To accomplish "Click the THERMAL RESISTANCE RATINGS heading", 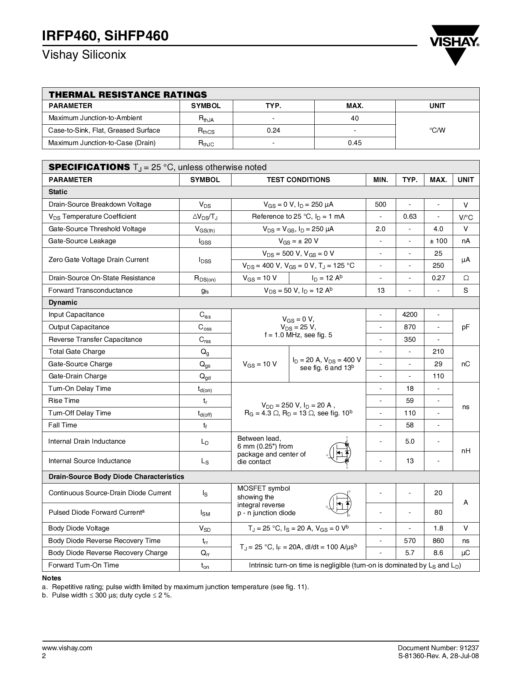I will tap(128, 94).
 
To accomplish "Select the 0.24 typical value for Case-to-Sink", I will tap(273, 130).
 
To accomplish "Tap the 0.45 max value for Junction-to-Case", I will tap(355, 143).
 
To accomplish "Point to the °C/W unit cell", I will tap(437, 130).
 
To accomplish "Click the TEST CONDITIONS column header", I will tap(298, 180).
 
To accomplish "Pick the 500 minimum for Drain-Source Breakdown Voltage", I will tap(380, 204).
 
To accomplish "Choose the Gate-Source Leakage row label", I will tap(82, 241).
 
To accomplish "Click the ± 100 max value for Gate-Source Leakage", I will tap(438, 241).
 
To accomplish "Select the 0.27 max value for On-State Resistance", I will tap(438, 278).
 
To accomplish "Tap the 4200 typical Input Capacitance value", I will tap(410, 315).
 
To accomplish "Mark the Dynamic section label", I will tap(63, 302).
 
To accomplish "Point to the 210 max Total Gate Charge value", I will tap(438, 351).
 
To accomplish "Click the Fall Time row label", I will tap(63, 425).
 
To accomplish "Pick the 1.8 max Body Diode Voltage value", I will tap(438, 528).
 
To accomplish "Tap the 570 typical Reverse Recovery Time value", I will tap(410, 540).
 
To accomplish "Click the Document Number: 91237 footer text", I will tap(441, 648).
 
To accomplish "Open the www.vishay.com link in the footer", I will tap(67, 648).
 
